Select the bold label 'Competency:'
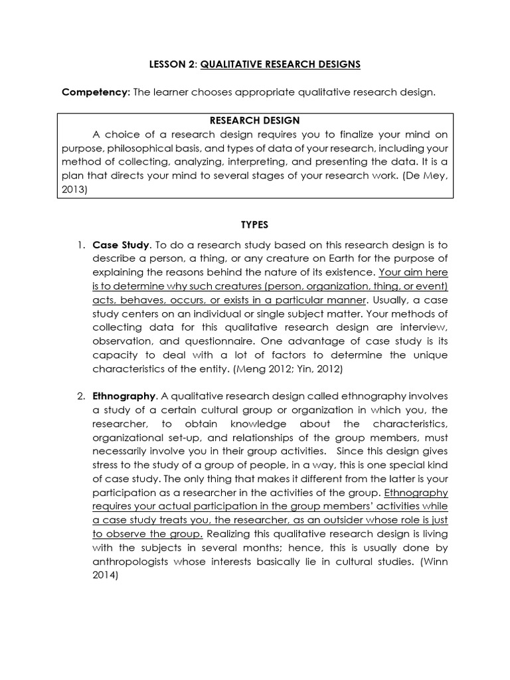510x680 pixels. (96, 92)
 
